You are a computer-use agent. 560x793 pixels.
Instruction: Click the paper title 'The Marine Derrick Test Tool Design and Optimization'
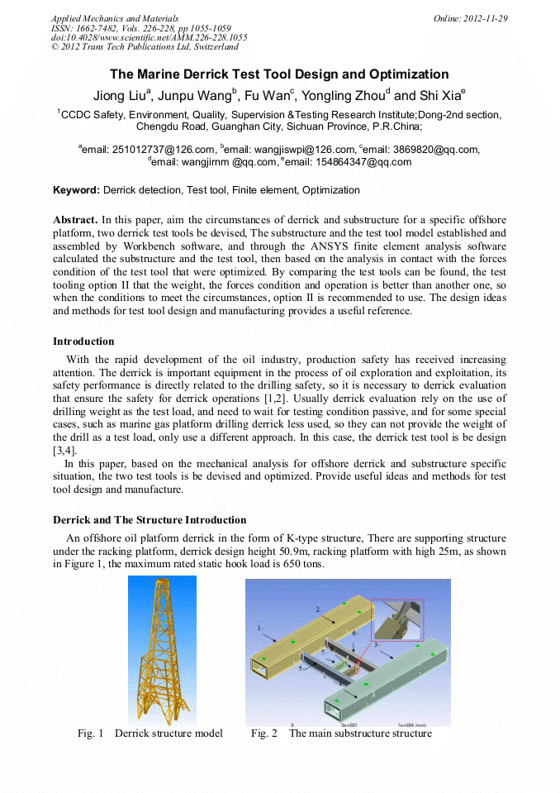click(279, 74)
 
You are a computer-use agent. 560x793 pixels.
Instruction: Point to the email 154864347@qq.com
click(367, 162)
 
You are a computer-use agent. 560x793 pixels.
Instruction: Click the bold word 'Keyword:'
click(77, 190)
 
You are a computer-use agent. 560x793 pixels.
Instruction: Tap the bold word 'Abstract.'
click(75, 221)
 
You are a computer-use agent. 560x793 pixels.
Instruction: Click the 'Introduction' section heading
click(83, 342)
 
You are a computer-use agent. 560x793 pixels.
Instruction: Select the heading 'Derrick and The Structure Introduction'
click(149, 520)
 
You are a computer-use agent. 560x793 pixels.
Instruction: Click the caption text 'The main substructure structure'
click(360, 733)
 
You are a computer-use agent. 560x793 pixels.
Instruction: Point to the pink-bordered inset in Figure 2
click(396, 621)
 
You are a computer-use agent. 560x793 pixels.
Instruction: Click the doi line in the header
click(149, 38)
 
